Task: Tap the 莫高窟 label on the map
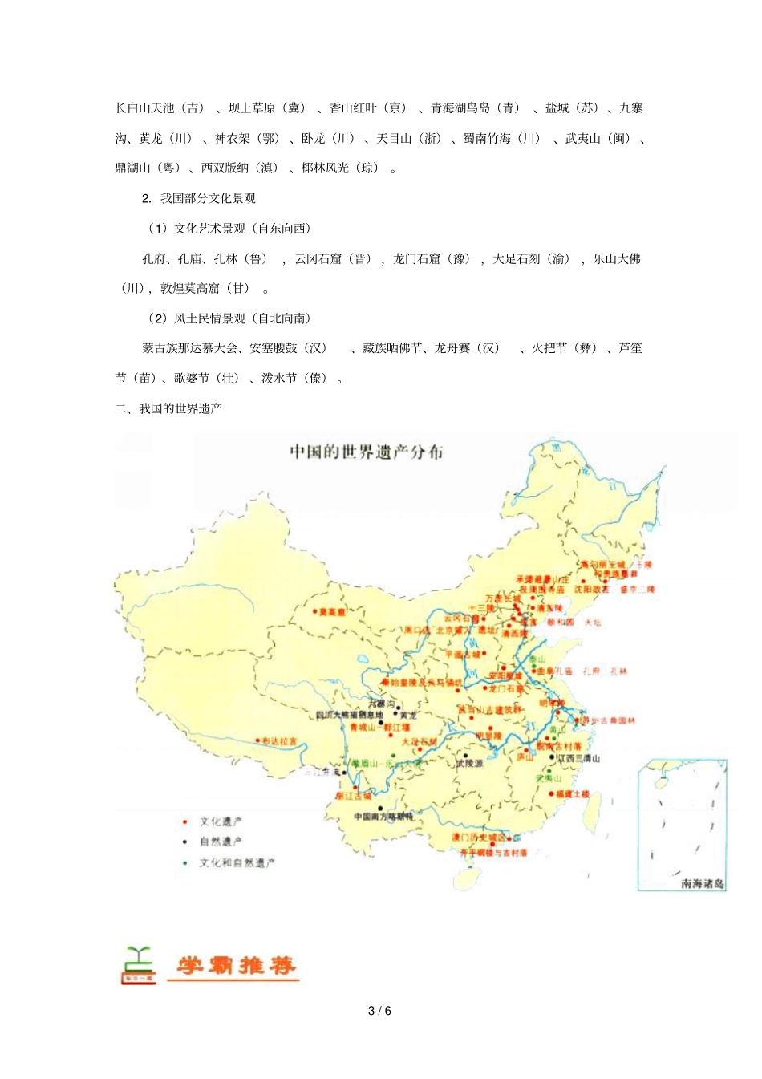point(331,612)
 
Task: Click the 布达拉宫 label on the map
point(279,741)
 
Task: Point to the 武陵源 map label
point(469,763)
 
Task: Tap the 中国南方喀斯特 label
point(383,817)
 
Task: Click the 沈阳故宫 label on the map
point(591,590)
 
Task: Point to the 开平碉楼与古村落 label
point(493,853)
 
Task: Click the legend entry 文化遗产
point(221,821)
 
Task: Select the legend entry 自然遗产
point(221,842)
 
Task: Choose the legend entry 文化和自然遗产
point(237,863)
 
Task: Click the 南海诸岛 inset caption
point(703,883)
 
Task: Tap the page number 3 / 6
point(380,1011)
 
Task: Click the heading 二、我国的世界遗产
point(168,408)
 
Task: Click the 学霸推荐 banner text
point(236,965)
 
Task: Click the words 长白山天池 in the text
point(144,108)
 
